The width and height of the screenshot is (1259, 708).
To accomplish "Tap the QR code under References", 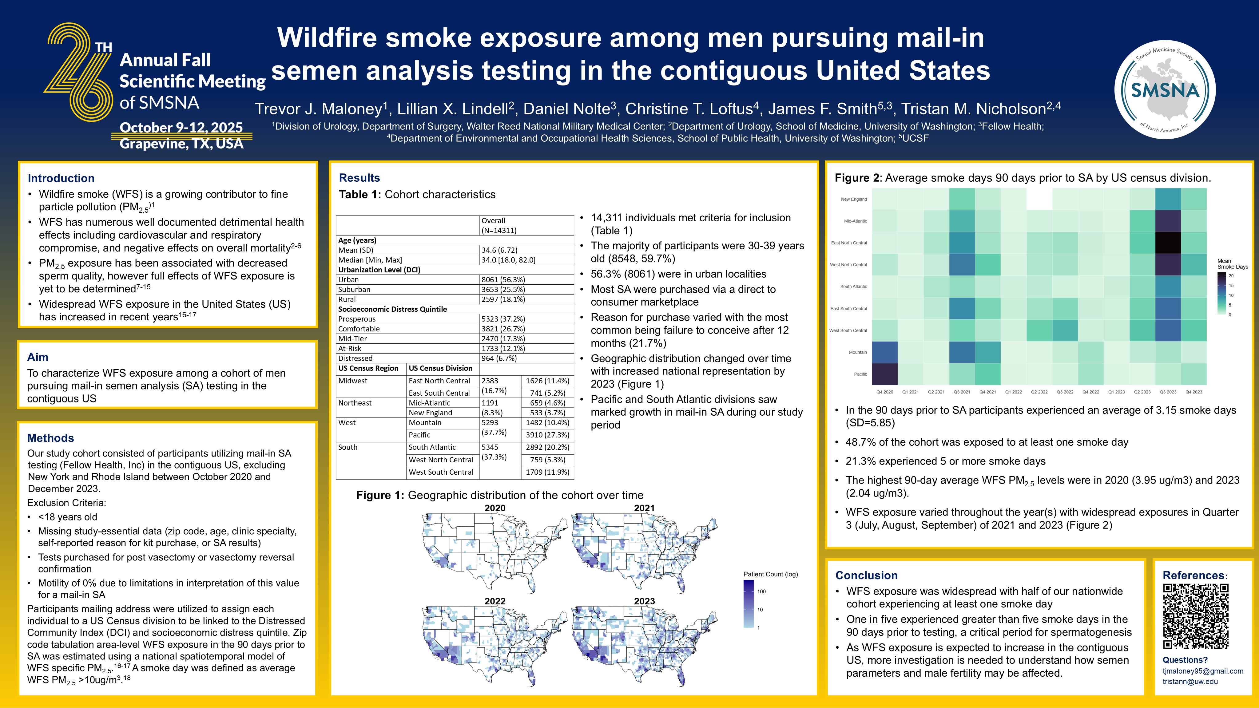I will [1195, 617].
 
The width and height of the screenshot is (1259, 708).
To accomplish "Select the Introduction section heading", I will [61, 178].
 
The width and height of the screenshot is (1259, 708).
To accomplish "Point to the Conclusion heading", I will [867, 575].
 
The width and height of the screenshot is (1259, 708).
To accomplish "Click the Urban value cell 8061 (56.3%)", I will [503, 279].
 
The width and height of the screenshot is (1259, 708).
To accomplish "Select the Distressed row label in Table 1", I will [355, 358].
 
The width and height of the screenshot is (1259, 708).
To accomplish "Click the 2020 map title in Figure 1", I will [494, 508].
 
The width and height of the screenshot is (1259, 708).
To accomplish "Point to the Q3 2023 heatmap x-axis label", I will [1168, 392].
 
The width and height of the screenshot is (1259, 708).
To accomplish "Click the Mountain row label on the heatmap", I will [858, 352].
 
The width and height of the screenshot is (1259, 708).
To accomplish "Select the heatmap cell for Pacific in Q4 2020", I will [885, 374].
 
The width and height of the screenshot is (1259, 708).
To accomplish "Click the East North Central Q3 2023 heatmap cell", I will [1168, 243].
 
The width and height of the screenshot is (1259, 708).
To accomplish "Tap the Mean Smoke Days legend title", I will [1232, 264].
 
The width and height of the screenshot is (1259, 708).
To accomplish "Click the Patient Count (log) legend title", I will [770, 574].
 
